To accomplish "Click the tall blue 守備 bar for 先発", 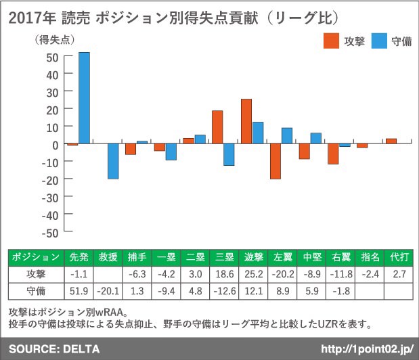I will (84, 98).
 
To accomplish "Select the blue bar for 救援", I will (113, 161).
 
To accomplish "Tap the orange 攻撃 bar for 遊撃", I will (246, 122).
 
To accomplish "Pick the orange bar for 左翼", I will (275, 161).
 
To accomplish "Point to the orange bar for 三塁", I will (217, 127).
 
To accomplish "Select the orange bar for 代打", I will (391, 141).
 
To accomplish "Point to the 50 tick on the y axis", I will (51, 56).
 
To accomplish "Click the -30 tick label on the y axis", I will (49, 197).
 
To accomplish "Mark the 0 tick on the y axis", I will (56, 144).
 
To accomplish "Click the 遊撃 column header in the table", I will (253, 258).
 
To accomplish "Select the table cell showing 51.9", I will (78, 292).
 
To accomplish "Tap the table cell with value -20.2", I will (282, 275).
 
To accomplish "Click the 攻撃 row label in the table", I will (37, 275).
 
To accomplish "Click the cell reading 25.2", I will (253, 275).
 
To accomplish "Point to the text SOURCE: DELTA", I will (54, 349).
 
